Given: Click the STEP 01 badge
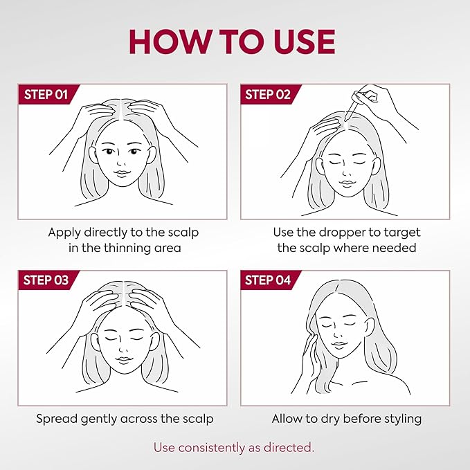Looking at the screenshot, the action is pyautogui.click(x=48, y=94).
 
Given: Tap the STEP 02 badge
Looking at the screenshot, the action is pyautogui.click(x=270, y=94).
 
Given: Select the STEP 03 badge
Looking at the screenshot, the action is pyautogui.click(x=48, y=280).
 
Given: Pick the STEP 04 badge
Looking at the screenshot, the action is pyautogui.click(x=270, y=280).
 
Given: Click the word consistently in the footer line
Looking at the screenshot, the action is pyautogui.click(x=212, y=448).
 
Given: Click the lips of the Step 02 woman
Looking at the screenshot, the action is pyautogui.click(x=347, y=183).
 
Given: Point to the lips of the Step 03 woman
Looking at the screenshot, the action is pyautogui.click(x=123, y=360).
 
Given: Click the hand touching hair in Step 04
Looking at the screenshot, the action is pyautogui.click(x=309, y=355).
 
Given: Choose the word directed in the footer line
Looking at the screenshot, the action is pyautogui.click(x=289, y=448).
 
